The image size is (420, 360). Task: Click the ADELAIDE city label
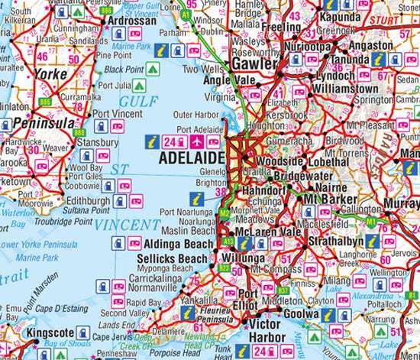point(190,158)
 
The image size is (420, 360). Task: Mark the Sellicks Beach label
point(172,259)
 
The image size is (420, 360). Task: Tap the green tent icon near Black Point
point(152,69)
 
